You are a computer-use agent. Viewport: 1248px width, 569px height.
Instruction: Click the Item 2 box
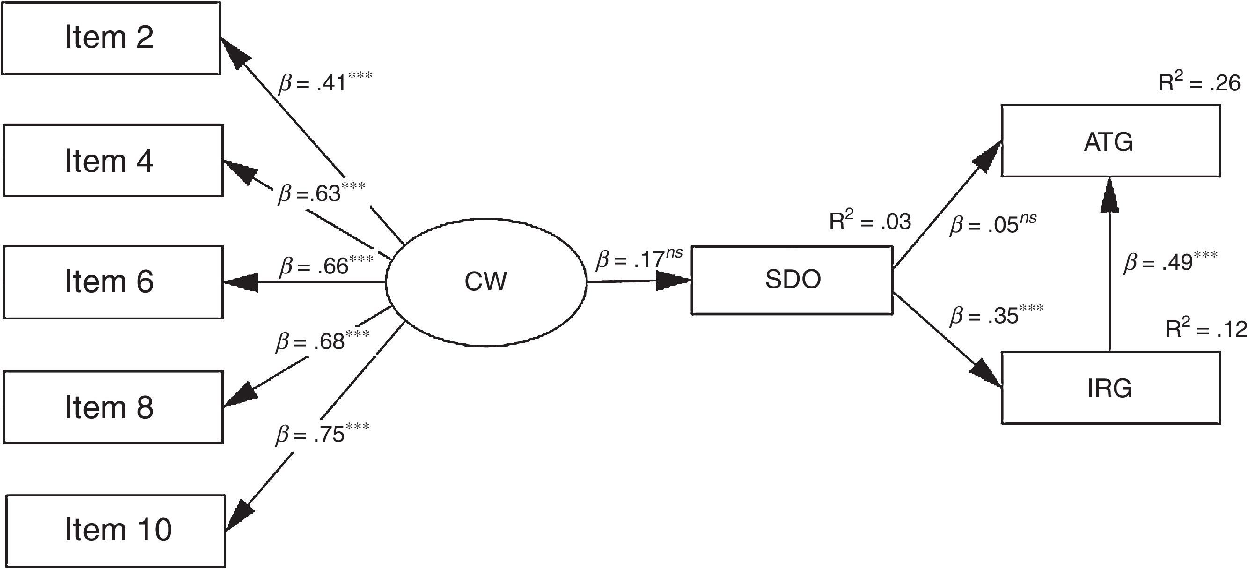click(111, 38)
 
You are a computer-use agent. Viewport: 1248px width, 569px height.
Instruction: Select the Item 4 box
click(113, 161)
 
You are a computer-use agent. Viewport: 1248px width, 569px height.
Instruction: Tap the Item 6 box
click(113, 282)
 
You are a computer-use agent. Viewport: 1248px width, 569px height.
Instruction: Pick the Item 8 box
click(113, 407)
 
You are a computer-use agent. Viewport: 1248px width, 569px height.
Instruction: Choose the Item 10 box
click(116, 530)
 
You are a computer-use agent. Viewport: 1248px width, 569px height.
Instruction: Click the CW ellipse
click(486, 281)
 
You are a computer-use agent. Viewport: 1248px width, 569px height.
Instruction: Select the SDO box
click(792, 280)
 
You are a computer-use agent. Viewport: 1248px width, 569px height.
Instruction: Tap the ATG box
click(1110, 141)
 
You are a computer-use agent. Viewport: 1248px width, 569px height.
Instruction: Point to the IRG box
click(1110, 388)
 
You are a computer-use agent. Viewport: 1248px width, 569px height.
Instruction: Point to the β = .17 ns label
click(639, 259)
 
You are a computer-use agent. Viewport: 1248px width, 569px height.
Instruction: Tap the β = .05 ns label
click(993, 224)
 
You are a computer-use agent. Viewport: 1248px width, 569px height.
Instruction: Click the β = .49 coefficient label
click(1170, 262)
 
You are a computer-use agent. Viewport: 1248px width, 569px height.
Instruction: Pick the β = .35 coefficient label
click(996, 315)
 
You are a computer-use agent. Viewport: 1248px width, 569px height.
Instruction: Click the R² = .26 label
click(1198, 83)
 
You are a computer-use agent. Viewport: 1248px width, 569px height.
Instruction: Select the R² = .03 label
click(870, 221)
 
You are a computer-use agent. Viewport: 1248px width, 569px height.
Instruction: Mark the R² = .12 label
click(1205, 329)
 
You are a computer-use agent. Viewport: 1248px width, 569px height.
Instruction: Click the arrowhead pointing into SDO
click(674, 281)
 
